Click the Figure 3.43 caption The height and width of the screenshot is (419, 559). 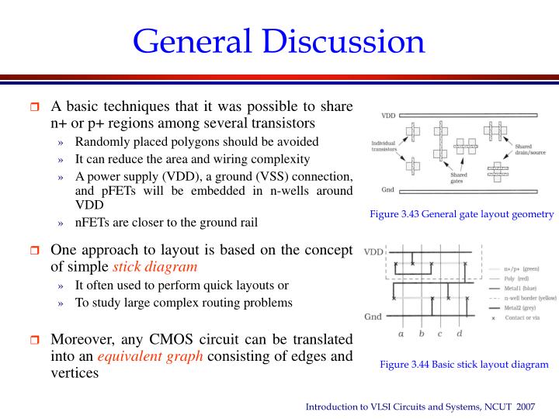tap(462, 213)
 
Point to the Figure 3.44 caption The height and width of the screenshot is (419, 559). tap(464, 364)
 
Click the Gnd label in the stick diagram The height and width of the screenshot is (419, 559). tap(373, 317)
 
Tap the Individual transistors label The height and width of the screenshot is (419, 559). tap(384, 146)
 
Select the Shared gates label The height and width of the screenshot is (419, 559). tap(459, 178)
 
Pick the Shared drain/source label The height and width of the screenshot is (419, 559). tap(530, 149)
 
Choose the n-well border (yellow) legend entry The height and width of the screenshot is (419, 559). tap(530, 298)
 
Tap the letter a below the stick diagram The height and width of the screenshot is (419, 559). tap(401, 334)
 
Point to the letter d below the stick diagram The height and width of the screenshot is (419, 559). tap(460, 333)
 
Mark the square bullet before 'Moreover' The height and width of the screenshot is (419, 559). tap(34, 340)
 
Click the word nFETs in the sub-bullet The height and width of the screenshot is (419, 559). tap(89, 222)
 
